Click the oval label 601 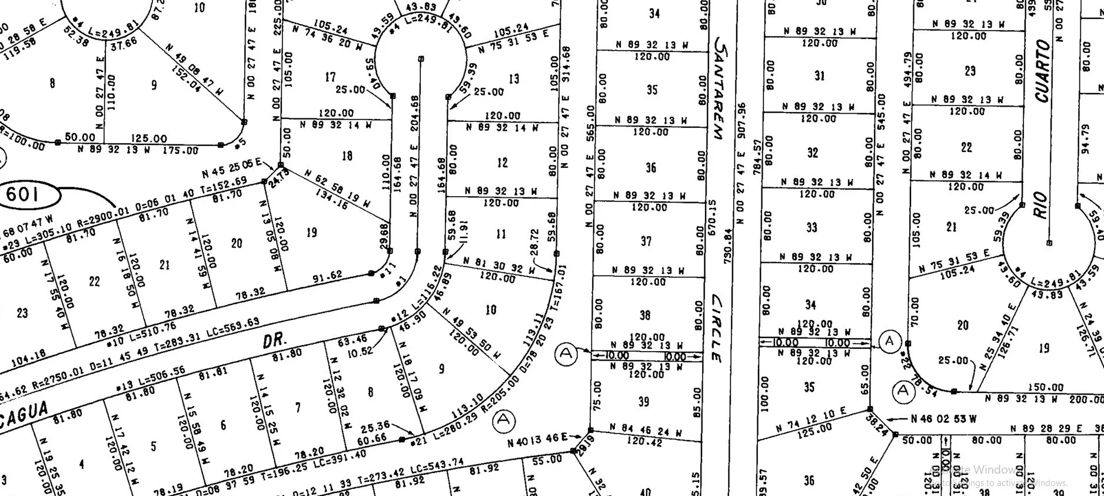[x=23, y=194]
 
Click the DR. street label [x=274, y=340]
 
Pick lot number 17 [x=331, y=77]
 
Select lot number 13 [x=514, y=79]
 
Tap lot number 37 [x=646, y=242]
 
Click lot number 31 [x=820, y=76]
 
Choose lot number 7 [x=298, y=407]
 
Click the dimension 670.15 [x=713, y=218]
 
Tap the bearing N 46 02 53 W [x=943, y=419]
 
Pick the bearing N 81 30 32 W [x=498, y=265]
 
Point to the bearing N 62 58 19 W [x=337, y=187]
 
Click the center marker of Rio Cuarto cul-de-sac [x=1049, y=243]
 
